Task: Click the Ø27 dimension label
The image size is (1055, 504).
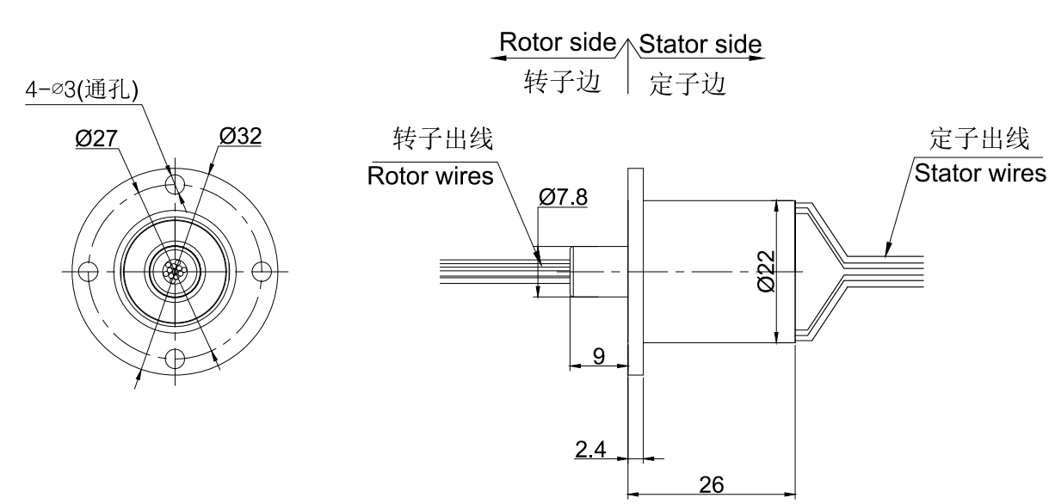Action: click(96, 138)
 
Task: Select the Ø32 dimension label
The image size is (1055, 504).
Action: click(240, 137)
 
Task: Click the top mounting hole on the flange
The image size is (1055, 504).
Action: click(176, 182)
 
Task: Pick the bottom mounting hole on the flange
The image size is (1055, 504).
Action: click(176, 357)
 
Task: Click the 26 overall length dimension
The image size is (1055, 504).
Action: click(711, 485)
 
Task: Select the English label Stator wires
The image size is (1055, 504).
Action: click(979, 173)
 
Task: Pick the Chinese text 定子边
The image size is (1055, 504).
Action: click(689, 83)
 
